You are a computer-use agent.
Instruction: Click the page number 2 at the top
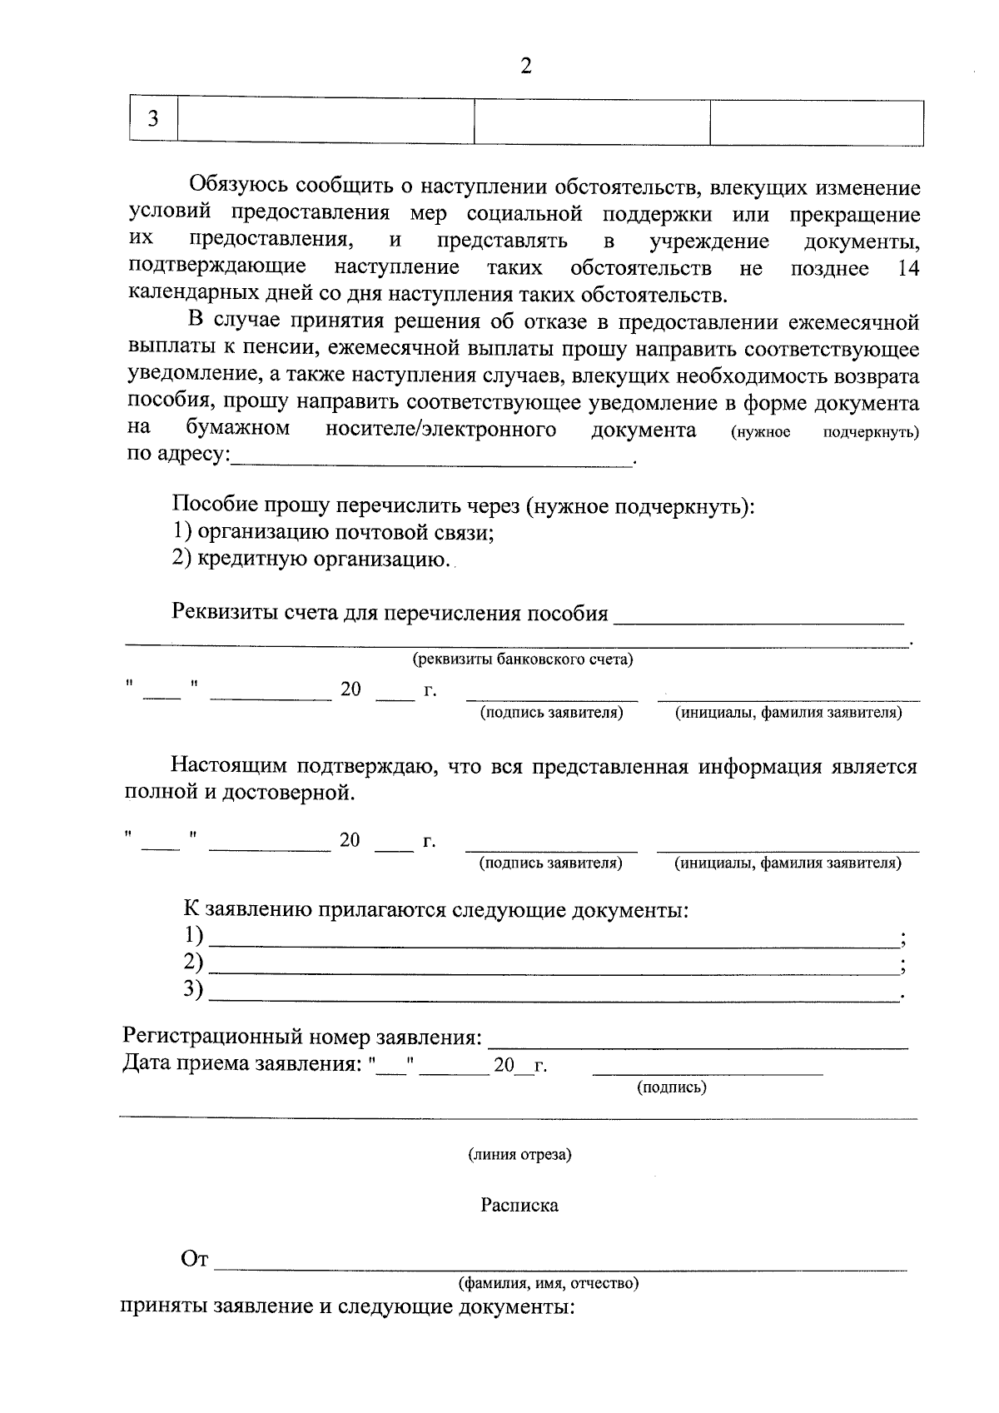(525, 67)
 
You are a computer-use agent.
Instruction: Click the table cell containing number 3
(153, 121)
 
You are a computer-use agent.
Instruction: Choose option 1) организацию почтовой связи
(333, 532)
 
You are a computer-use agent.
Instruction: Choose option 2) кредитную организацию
(312, 559)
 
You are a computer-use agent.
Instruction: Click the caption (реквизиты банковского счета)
(523, 660)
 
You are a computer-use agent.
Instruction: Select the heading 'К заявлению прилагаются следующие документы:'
(435, 910)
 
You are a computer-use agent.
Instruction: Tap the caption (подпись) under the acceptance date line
(671, 1087)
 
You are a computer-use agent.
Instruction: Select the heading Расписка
(519, 1206)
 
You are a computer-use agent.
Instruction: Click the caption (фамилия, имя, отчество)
(549, 1283)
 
